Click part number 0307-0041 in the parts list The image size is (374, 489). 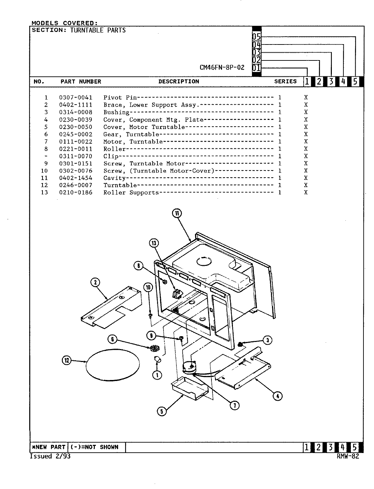pos(75,97)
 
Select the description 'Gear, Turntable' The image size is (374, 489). pos(131,134)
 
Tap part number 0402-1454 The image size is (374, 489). pos(75,178)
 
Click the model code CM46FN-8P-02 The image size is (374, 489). pos(222,67)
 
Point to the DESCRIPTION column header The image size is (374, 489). pos(178,81)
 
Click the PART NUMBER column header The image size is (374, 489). pos(81,81)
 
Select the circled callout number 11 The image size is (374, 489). pos(177,213)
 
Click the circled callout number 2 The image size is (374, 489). pos(95,282)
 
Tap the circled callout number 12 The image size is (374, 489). pos(67,360)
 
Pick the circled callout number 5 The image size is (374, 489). pos(161,411)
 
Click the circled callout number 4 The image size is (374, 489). pos(277,396)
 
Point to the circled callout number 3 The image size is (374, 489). pos(268,340)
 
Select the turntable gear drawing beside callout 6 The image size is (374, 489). pos(155,348)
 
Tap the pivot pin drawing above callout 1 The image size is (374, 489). pos(157,360)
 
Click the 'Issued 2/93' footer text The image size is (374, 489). pos(50,456)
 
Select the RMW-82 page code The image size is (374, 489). pos(348,456)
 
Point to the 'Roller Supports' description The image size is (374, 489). pos(131,193)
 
